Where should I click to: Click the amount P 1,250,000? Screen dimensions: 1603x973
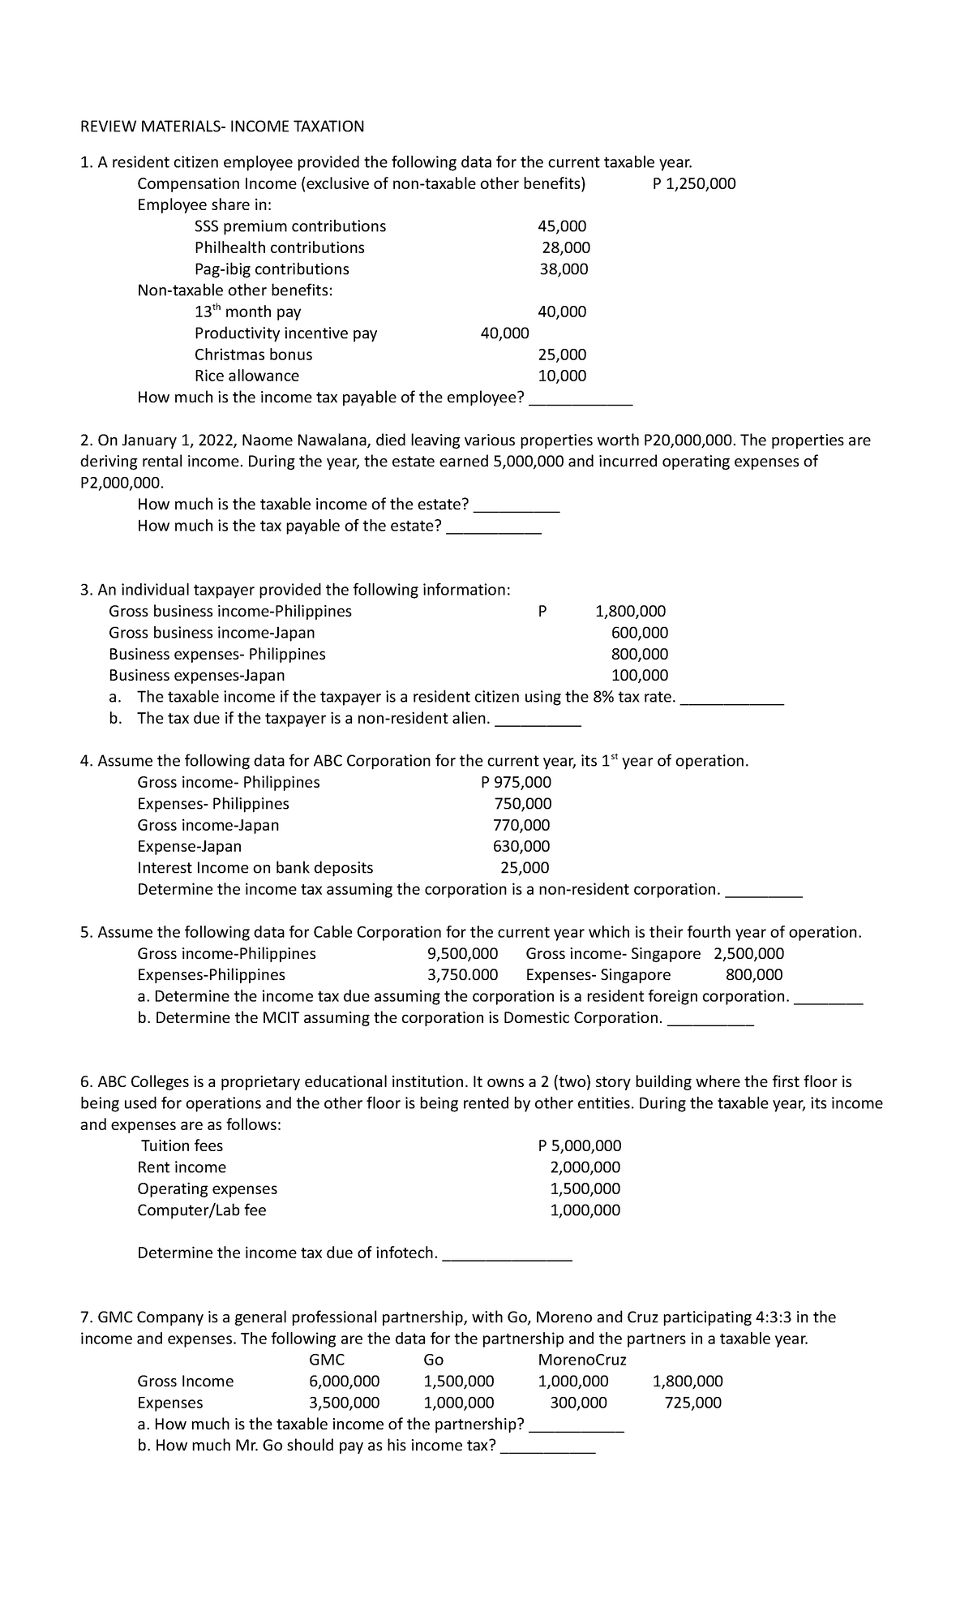[694, 183]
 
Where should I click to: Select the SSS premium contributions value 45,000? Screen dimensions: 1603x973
[562, 226]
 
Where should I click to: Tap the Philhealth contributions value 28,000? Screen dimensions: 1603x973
[565, 247]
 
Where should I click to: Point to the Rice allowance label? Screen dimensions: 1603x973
[246, 376]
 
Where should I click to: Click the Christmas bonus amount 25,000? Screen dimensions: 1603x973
[562, 355]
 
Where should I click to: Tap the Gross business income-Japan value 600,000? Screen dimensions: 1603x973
[640, 633]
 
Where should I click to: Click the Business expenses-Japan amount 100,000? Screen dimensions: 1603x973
[640, 675]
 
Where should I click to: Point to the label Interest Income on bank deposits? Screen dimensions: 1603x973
[255, 868]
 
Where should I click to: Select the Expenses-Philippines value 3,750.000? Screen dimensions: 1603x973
[462, 975]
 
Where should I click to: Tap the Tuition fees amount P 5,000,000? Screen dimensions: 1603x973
[580, 1146]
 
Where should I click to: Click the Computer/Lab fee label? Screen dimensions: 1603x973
[202, 1210]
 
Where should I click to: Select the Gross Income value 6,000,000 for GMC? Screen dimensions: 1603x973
[344, 1382]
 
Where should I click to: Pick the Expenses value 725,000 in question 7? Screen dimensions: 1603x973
[692, 1403]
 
